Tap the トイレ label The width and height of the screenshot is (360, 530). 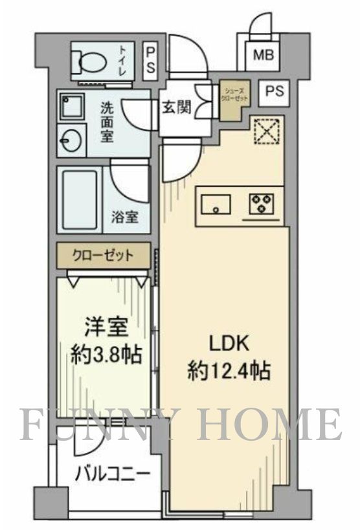(x=122, y=60)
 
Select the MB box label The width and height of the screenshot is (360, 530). (x=263, y=56)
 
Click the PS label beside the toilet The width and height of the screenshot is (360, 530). (x=150, y=60)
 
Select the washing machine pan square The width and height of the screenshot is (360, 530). (x=69, y=106)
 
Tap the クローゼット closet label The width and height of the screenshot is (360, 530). (x=104, y=255)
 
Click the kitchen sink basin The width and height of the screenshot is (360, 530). (x=216, y=204)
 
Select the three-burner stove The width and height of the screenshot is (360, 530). (x=262, y=204)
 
